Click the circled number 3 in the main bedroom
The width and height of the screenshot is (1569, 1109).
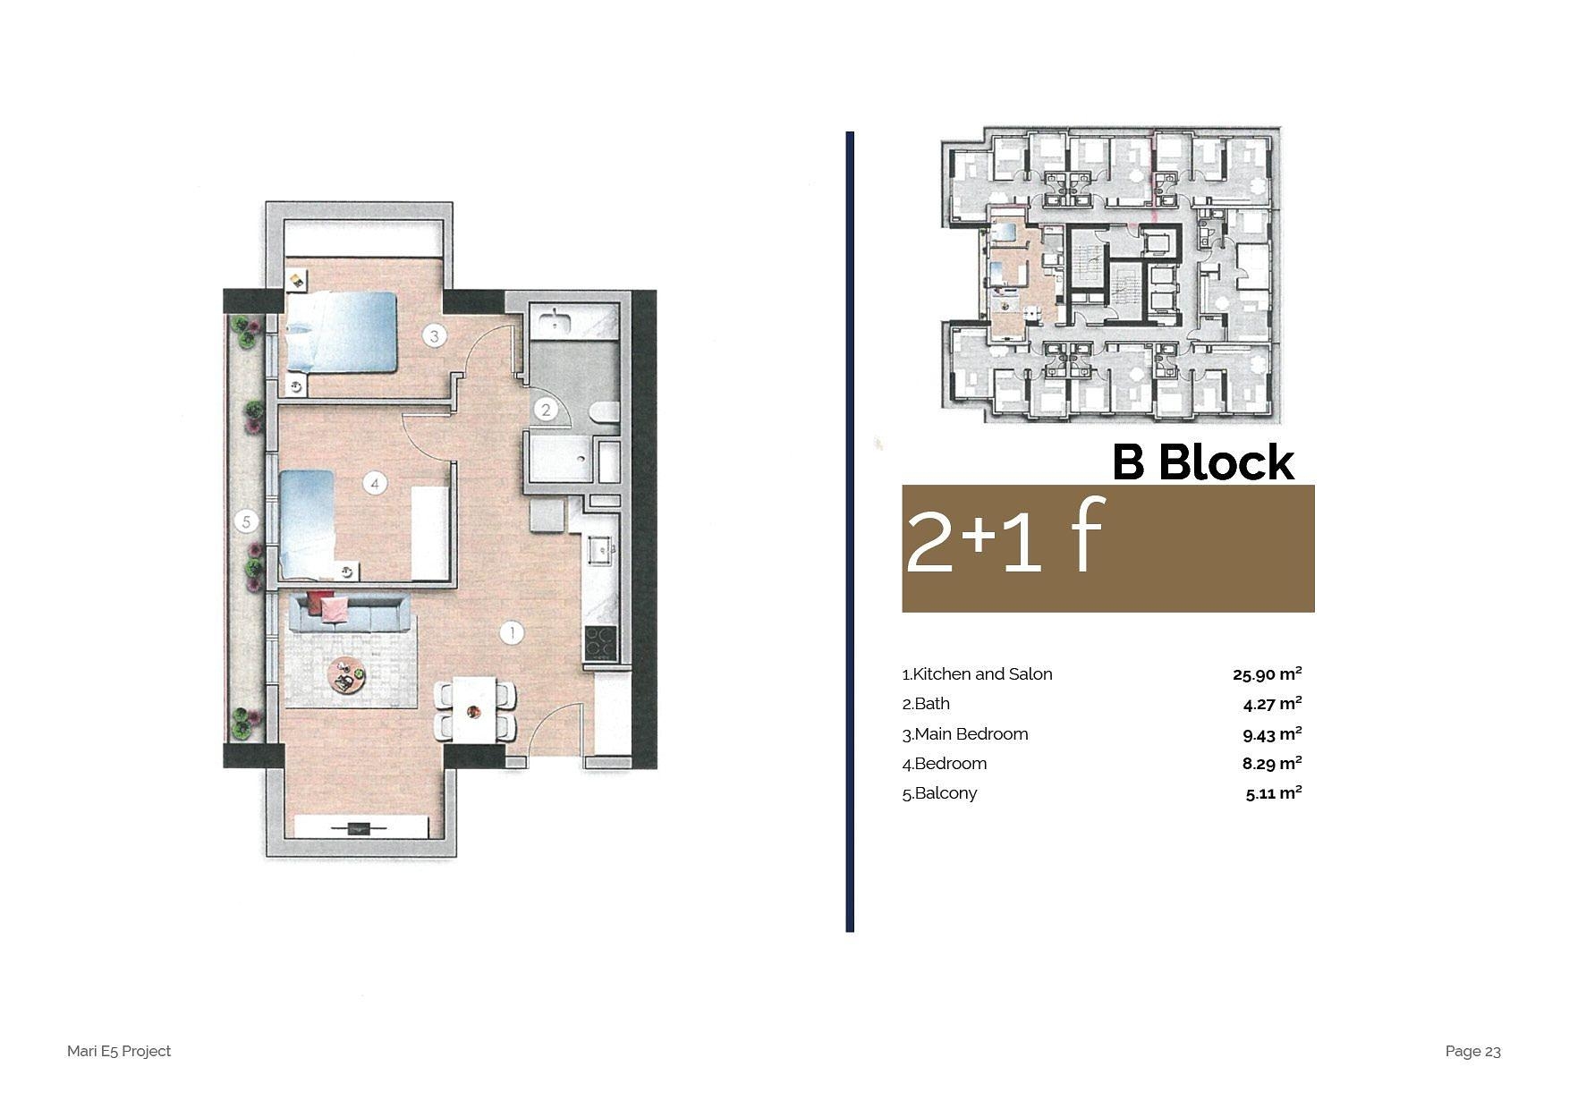tap(435, 336)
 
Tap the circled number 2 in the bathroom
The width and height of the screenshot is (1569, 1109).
tap(546, 411)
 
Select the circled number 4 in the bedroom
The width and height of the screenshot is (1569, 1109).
tap(376, 484)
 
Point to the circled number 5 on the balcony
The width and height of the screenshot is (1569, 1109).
tap(246, 521)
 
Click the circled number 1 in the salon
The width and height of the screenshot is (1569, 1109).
tap(511, 633)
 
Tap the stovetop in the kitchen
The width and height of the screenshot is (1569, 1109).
tap(600, 642)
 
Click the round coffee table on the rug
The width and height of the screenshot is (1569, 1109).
tap(346, 675)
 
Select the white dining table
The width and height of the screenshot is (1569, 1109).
tap(475, 709)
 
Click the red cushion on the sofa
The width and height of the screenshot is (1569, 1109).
tap(319, 601)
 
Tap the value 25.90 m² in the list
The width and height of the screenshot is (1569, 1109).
tap(1267, 673)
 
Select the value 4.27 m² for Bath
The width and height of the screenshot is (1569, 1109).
tap(1272, 703)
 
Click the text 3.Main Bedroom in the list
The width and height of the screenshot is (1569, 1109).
tap(965, 734)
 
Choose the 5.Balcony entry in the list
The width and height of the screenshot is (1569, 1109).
tap(939, 793)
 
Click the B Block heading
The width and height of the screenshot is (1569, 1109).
tap(1203, 462)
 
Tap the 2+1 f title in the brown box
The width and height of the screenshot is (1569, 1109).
tap(1005, 537)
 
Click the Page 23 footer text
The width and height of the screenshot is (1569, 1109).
tap(1472, 1051)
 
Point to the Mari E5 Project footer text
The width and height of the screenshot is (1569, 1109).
tap(119, 1051)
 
